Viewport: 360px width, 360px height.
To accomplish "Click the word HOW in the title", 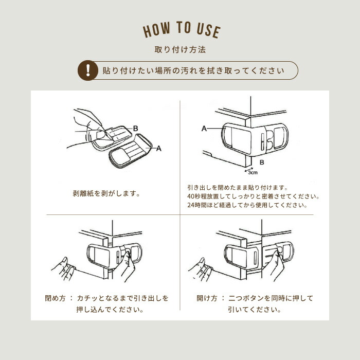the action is (156, 30).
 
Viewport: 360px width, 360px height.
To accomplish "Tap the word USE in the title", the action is (208, 31).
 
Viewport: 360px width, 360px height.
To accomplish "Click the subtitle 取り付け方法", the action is (180, 49).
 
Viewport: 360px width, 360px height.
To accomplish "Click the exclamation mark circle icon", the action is (88, 70).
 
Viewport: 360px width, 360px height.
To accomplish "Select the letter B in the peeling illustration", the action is (135, 129).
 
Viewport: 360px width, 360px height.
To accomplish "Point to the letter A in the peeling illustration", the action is (158, 149).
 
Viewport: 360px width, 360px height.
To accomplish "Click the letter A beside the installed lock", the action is (204, 129).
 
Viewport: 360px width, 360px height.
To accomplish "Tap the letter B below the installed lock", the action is (262, 163).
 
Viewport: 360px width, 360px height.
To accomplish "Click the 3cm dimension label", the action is (253, 173).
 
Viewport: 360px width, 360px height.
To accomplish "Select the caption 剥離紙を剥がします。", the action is (106, 193).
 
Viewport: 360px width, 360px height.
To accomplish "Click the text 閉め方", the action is (56, 298).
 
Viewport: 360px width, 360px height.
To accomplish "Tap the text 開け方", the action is (207, 298).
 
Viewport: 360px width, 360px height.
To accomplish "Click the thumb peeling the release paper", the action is (100, 135).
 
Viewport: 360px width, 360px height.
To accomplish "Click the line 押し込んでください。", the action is (110, 310).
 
